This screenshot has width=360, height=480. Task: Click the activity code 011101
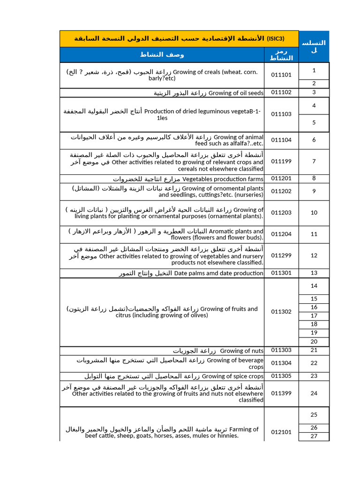pyautogui.click(x=281, y=75)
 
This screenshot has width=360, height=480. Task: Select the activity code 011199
pyautogui.click(x=281, y=162)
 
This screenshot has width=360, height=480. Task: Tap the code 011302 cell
pyautogui.click(x=281, y=312)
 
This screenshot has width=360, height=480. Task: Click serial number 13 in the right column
pyautogui.click(x=314, y=273)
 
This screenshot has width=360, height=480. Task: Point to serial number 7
pyautogui.click(x=314, y=162)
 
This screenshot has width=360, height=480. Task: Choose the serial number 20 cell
pyautogui.click(x=314, y=342)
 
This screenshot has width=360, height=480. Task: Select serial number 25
pyautogui.click(x=314, y=415)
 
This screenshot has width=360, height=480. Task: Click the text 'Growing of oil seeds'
pyautogui.click(x=236, y=93)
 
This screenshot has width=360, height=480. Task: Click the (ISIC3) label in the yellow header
pyautogui.click(x=276, y=38)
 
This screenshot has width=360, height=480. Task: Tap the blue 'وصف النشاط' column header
pyautogui.click(x=162, y=54)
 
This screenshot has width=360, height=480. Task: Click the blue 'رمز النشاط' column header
pyautogui.click(x=281, y=55)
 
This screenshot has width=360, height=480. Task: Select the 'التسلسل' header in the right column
pyautogui.click(x=314, y=46)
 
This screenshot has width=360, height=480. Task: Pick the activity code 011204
pyautogui.click(x=281, y=234)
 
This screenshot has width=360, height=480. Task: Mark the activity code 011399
pyautogui.click(x=281, y=394)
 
